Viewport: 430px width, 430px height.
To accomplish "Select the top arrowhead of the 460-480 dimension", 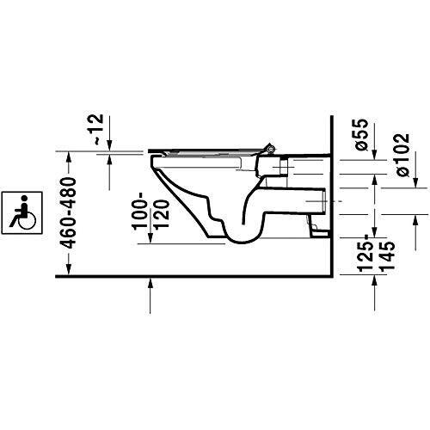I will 68,155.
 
